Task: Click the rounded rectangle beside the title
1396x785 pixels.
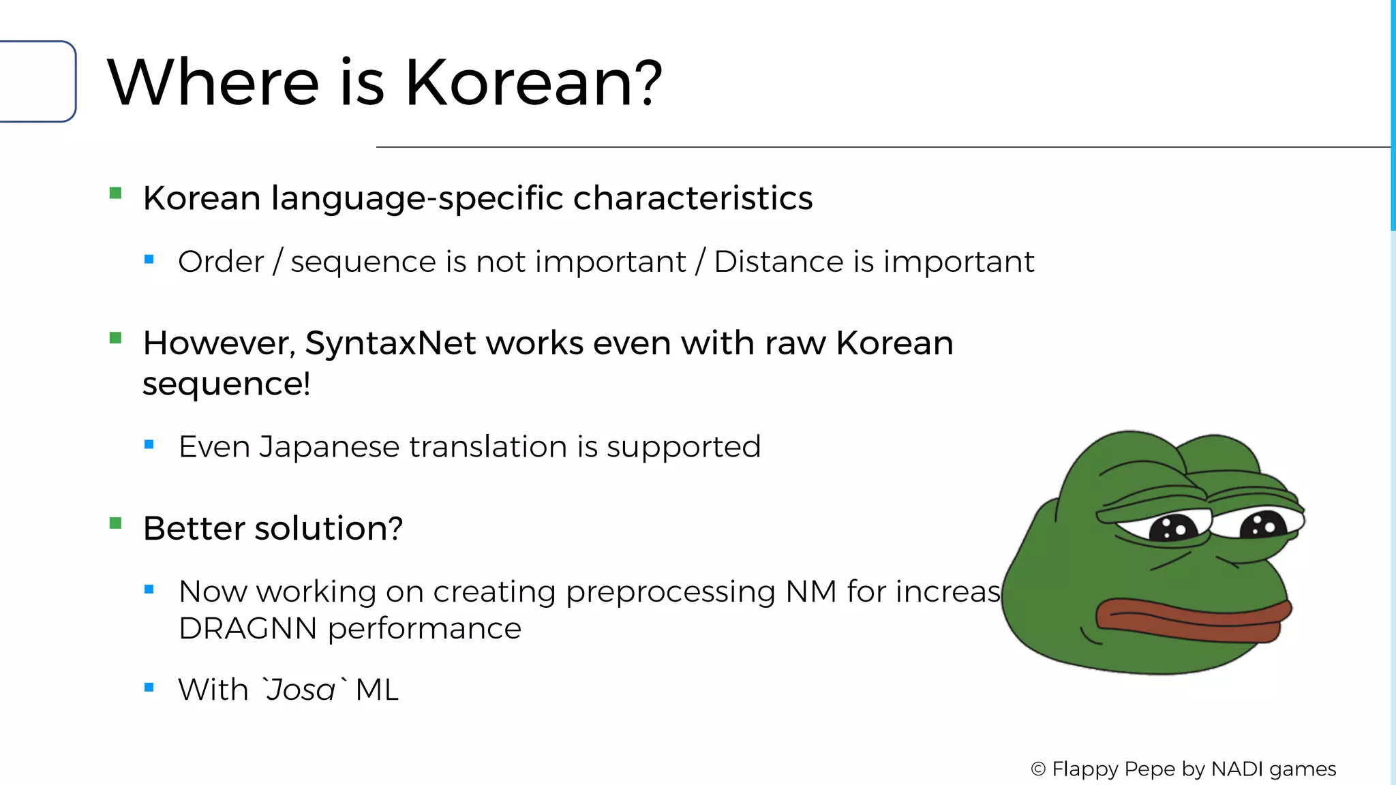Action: [37, 82]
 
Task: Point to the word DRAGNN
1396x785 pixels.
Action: [247, 628]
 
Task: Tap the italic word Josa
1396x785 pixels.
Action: [301, 690]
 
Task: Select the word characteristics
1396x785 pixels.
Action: [693, 198]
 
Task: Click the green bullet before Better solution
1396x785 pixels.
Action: [115, 523]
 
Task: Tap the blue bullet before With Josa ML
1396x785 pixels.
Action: [149, 688]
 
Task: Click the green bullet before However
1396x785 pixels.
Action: [115, 338]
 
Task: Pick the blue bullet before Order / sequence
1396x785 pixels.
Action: [149, 260]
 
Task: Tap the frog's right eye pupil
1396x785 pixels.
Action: [1262, 525]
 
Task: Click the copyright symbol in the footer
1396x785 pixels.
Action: [1037, 769]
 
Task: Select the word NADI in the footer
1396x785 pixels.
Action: [1237, 769]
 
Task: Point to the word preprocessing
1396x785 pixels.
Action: [670, 592]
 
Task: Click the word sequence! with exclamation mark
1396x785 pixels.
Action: [226, 384]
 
